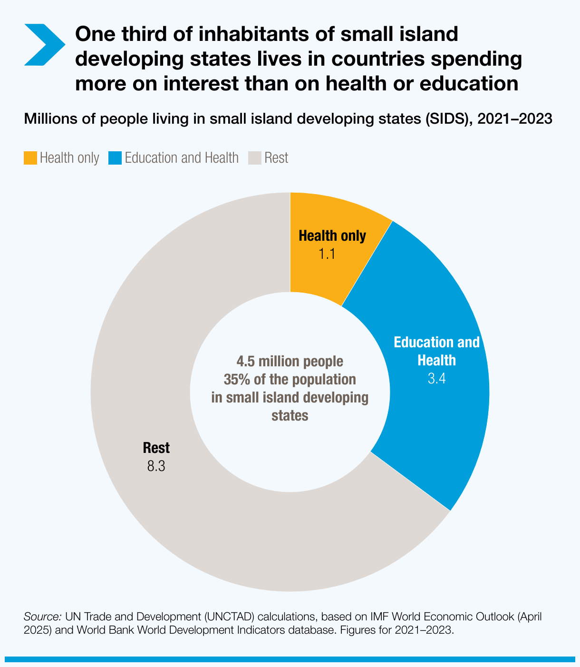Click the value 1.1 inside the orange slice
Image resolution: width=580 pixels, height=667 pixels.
pos(327,254)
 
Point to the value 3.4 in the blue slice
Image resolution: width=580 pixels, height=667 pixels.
pos(436,379)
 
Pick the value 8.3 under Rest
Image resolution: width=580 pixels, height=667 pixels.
pos(156,466)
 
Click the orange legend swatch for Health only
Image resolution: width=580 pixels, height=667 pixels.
pos(30,158)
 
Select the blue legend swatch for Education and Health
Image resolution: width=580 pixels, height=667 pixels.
pos(115,158)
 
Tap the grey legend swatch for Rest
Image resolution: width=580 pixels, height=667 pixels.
pos(255,158)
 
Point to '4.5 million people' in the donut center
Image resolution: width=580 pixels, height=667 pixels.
pos(290,362)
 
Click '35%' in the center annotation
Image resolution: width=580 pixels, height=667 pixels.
pos(235,380)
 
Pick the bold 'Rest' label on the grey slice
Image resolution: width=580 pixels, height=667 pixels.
pos(156,448)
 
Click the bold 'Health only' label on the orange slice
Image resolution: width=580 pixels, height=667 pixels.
pos(332,236)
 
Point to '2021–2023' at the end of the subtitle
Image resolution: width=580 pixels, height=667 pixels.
pos(515,118)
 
